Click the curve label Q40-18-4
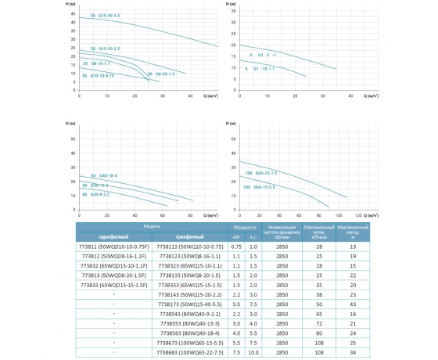click(x=105, y=176)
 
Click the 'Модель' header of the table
click(x=153, y=226)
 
